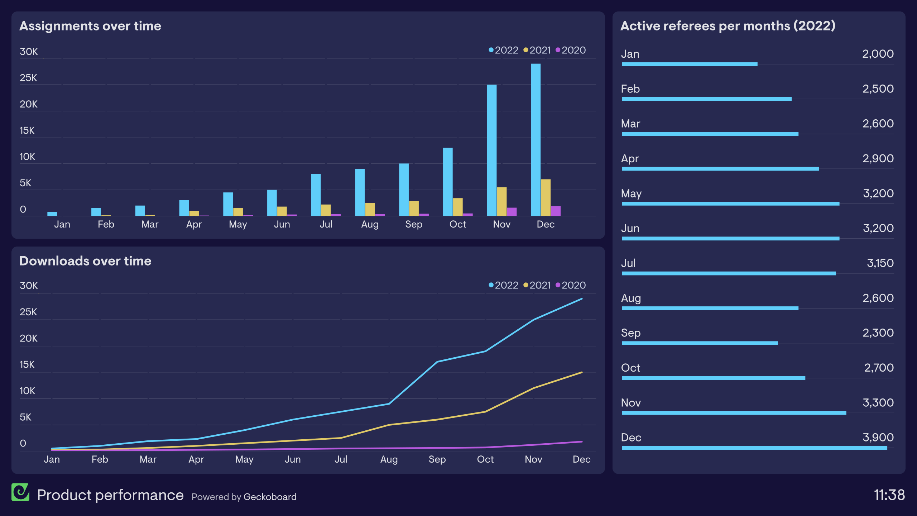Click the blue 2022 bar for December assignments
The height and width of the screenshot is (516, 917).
(x=536, y=140)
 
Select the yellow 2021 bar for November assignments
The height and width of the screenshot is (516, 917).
(x=502, y=201)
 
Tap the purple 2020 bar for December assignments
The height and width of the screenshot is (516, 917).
(x=556, y=211)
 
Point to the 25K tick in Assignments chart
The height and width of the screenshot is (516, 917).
(x=28, y=78)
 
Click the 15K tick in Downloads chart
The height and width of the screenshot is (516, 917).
(x=27, y=364)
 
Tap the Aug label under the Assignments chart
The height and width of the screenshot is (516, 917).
(x=370, y=224)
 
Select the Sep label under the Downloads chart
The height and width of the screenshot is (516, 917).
(x=437, y=459)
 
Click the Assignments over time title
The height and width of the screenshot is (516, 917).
(x=90, y=26)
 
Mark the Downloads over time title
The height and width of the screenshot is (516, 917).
(x=85, y=261)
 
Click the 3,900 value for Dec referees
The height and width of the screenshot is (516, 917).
(x=878, y=437)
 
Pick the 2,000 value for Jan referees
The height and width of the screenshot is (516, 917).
(x=878, y=54)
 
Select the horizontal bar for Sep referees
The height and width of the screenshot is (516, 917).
(x=700, y=343)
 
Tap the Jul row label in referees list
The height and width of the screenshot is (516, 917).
(x=628, y=263)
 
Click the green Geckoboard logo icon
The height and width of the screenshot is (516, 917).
(x=20, y=492)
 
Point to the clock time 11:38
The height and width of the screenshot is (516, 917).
(x=889, y=495)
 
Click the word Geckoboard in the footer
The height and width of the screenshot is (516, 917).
(x=270, y=497)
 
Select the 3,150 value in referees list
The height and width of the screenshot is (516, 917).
(x=880, y=263)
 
